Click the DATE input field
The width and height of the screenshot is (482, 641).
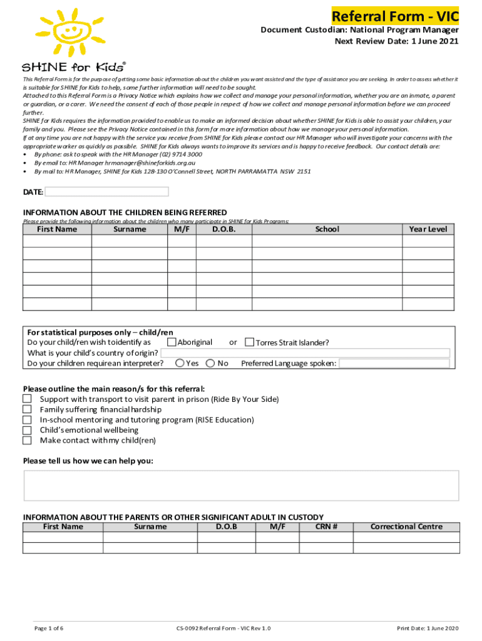tap(107, 192)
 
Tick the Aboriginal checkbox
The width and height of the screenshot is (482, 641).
tap(172, 342)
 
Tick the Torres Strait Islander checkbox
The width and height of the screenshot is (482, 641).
tap(249, 342)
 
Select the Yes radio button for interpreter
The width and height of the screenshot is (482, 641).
tap(180, 363)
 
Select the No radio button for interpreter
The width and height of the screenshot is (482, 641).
tap(210, 363)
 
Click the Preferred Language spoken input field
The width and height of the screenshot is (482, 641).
tap(394, 363)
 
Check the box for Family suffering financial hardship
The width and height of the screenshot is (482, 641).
tap(27, 409)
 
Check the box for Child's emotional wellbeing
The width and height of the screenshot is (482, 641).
tap(27, 430)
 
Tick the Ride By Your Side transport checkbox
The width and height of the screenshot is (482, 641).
tap(27, 399)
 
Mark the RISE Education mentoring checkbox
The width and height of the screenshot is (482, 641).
tap(27, 420)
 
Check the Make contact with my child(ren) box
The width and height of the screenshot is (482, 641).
tap(27, 441)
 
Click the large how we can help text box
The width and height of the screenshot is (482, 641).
tap(241, 486)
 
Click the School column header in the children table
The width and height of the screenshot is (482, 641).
tap(327, 229)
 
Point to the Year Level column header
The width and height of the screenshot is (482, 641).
tap(428, 229)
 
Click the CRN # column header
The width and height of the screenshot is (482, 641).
tap(326, 526)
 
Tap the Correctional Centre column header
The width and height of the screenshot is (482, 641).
tap(406, 526)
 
